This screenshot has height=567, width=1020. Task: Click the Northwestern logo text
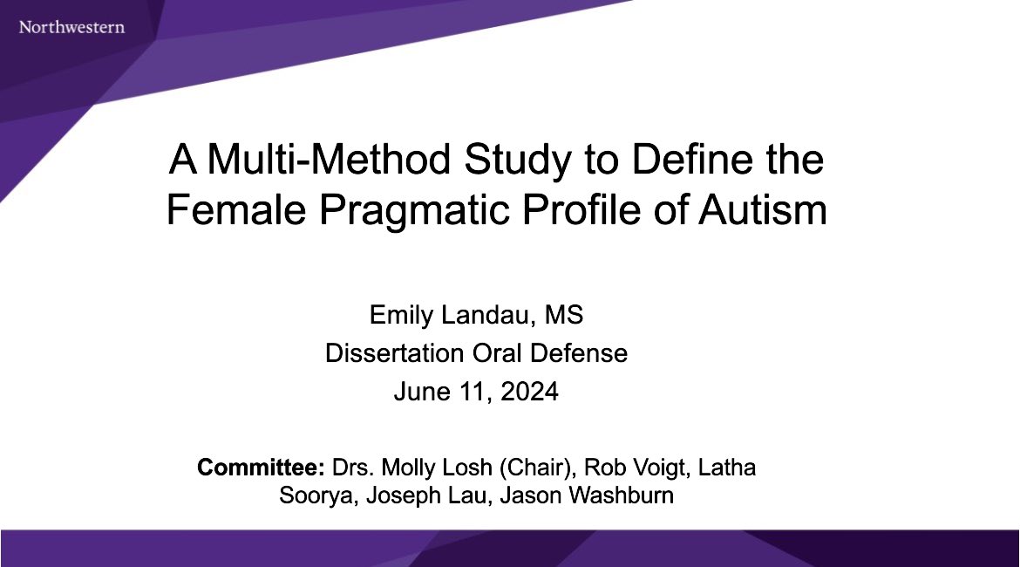tap(71, 27)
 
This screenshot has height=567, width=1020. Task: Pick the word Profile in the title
tap(582, 212)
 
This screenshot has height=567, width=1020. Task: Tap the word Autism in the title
tap(763, 212)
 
